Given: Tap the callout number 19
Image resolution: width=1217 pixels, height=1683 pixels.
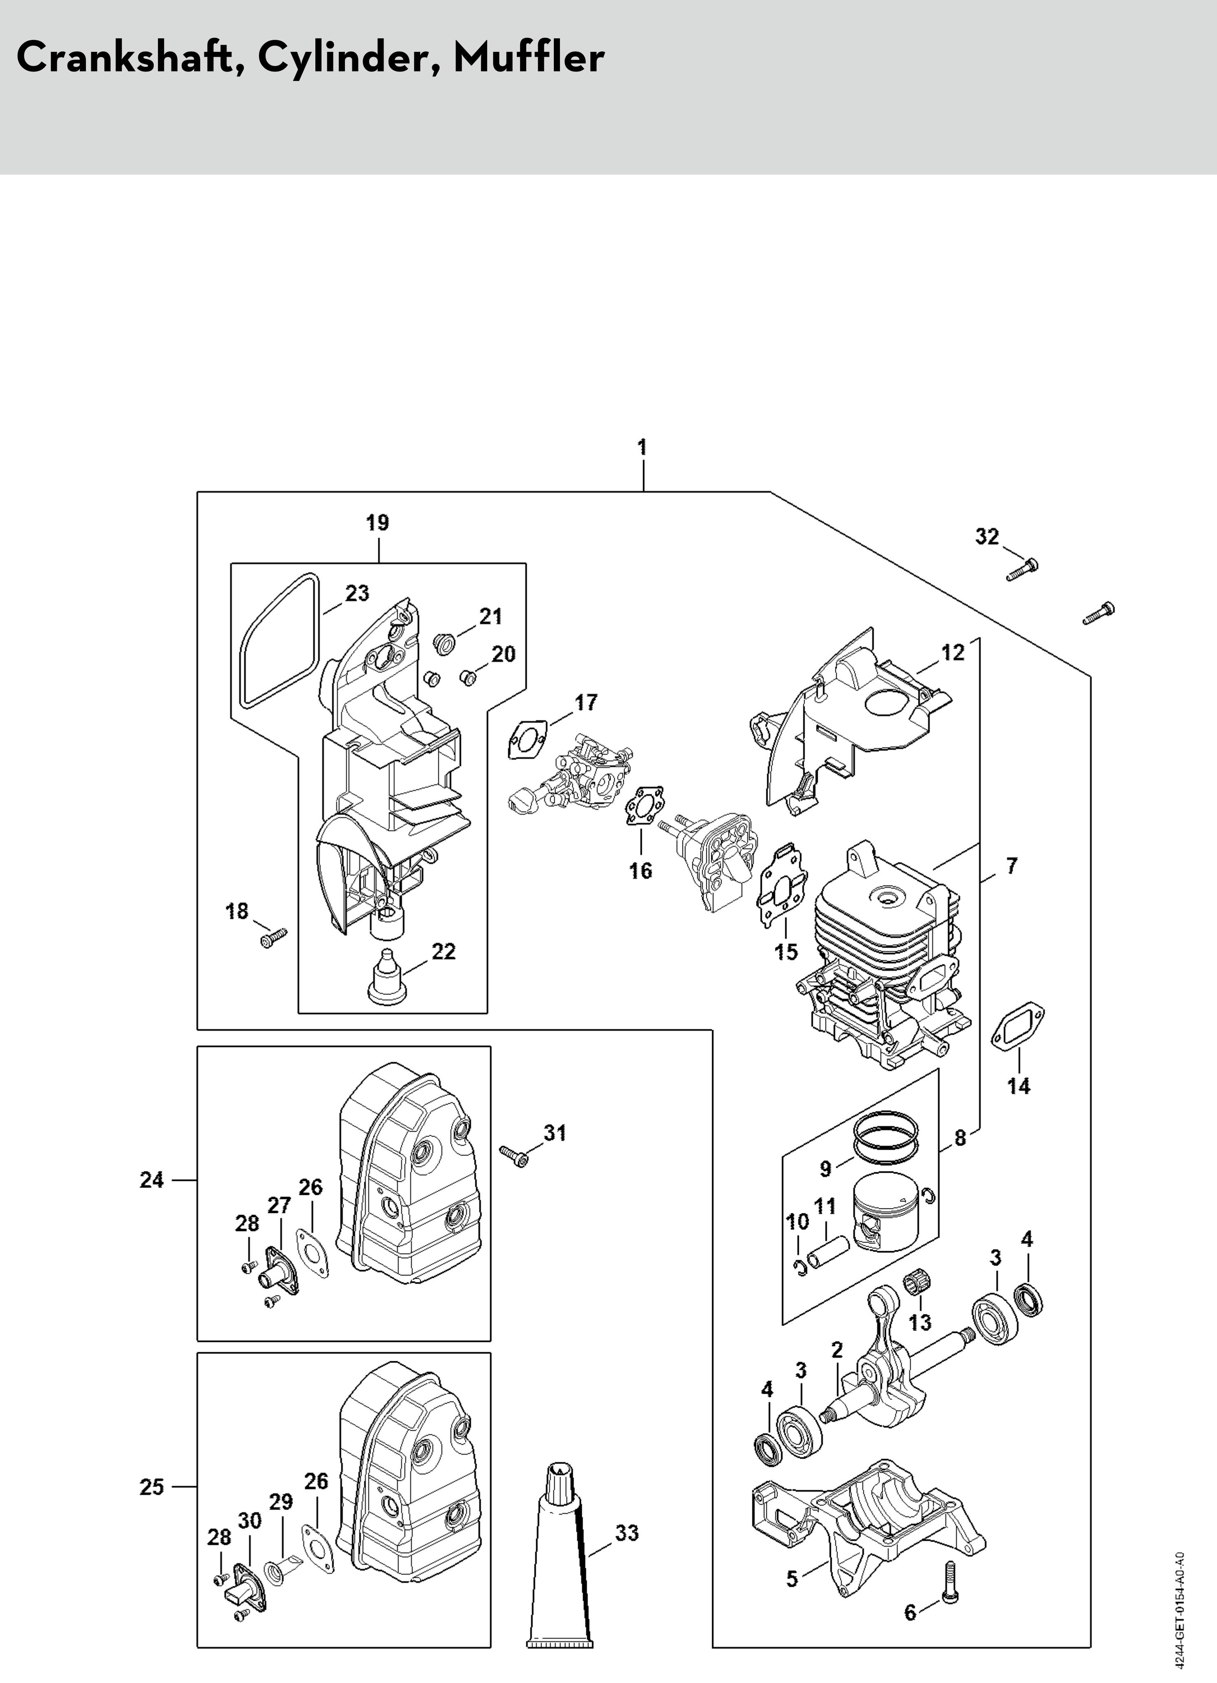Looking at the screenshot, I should pos(377,522).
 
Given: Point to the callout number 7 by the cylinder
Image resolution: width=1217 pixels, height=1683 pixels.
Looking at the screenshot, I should pos(1011,865).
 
